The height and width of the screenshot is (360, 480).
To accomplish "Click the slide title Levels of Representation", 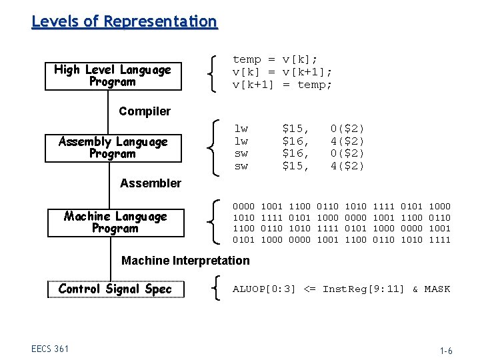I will pos(124,21).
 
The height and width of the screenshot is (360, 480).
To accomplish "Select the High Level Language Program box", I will pos(112,76).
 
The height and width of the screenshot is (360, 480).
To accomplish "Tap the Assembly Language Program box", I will pos(112,147).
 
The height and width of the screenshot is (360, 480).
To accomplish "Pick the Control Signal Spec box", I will pos(115,289).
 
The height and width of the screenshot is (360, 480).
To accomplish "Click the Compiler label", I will pos(145,111).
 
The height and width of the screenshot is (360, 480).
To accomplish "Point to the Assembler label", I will pos(151,183).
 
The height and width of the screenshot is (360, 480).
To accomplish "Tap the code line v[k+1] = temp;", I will pos(282,85).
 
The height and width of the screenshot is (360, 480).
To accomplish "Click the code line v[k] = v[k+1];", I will pos(282,72).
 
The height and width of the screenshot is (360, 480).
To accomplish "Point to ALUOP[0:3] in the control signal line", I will pos(263,289).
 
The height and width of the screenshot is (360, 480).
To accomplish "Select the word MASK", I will pos(437,289).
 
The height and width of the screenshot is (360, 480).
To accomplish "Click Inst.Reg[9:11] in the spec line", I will pos(363,289).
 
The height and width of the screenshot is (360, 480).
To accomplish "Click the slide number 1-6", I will pos(445,351).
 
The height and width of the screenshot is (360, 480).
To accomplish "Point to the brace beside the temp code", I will pos(212,72).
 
